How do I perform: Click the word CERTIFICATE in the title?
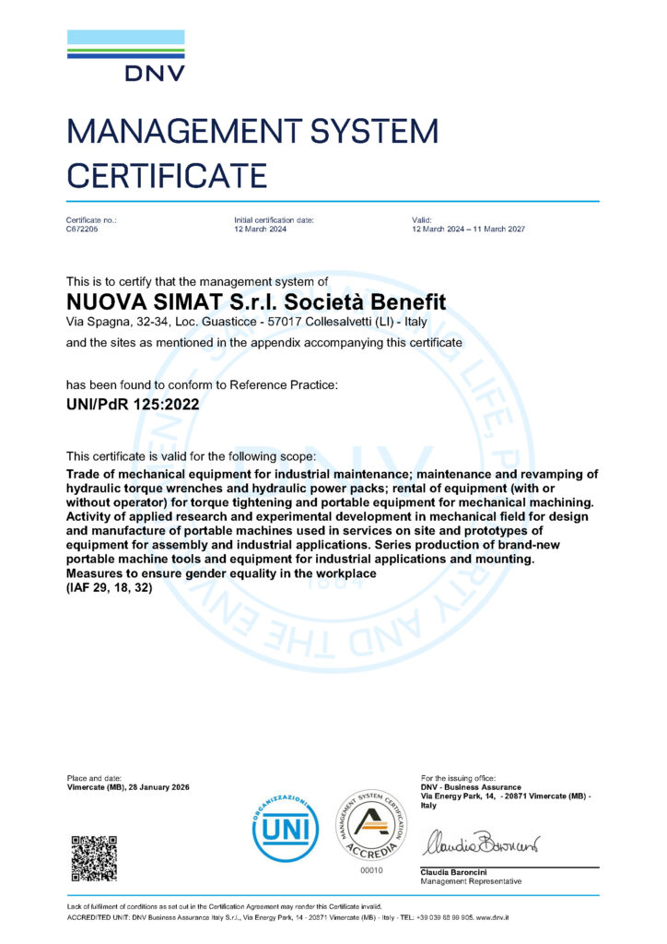tap(167, 174)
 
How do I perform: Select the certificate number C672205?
tap(82, 229)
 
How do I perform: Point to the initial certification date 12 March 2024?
tap(263, 229)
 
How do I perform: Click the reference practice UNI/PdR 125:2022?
tap(133, 403)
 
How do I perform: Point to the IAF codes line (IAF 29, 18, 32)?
tap(110, 587)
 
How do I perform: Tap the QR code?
tap(94, 857)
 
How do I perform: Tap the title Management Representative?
tap(471, 881)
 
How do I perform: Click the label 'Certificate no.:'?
tap(91, 219)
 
